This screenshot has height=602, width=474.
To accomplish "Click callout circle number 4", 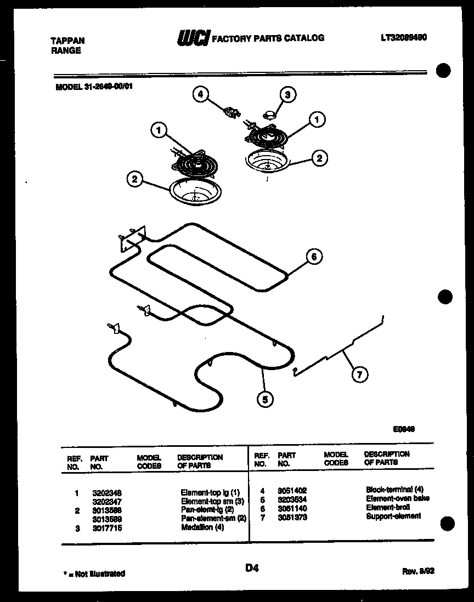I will (x=201, y=95).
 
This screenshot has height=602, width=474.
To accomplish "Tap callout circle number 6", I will (x=314, y=257).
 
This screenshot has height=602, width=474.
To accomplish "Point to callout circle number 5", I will (x=265, y=400).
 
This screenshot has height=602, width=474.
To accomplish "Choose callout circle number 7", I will (x=359, y=375).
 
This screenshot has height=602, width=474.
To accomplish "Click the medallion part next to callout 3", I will (x=270, y=114).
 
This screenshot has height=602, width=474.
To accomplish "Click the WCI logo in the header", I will (x=193, y=38).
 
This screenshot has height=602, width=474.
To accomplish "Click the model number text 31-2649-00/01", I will (x=94, y=86).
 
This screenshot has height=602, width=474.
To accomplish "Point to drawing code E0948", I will (x=404, y=430).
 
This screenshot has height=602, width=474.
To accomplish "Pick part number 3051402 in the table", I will (x=292, y=490).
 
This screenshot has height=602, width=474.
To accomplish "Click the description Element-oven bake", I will (x=397, y=498).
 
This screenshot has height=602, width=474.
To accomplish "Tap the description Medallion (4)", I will (x=202, y=527).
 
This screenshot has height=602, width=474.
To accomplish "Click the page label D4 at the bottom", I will (x=252, y=569).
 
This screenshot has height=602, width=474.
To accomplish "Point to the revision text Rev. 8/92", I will (x=419, y=571).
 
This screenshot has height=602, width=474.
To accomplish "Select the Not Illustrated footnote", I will (x=94, y=573).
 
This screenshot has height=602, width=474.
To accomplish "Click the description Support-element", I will (x=393, y=516).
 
